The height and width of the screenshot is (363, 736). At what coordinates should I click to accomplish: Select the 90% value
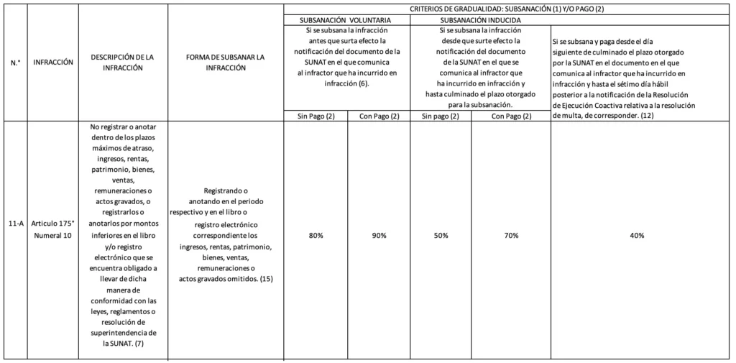(379, 236)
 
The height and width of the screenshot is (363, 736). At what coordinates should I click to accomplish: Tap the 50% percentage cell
(441, 236)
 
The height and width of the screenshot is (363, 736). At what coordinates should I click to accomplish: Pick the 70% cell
(511, 236)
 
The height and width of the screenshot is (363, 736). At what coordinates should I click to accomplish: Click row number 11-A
(16, 225)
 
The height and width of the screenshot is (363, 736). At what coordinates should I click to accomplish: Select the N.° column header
(16, 63)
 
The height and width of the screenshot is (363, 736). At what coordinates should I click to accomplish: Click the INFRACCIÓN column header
(53, 63)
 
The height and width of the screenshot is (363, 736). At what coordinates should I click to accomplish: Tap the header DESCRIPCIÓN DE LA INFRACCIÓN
(123, 63)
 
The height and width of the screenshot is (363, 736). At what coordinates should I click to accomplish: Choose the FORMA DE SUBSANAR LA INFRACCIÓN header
(226, 63)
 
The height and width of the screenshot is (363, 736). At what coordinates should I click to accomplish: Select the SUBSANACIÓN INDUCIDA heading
(481, 20)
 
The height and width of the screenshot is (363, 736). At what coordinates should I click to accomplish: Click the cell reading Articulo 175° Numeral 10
(53, 230)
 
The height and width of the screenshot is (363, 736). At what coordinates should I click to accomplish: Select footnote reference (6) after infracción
(363, 83)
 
